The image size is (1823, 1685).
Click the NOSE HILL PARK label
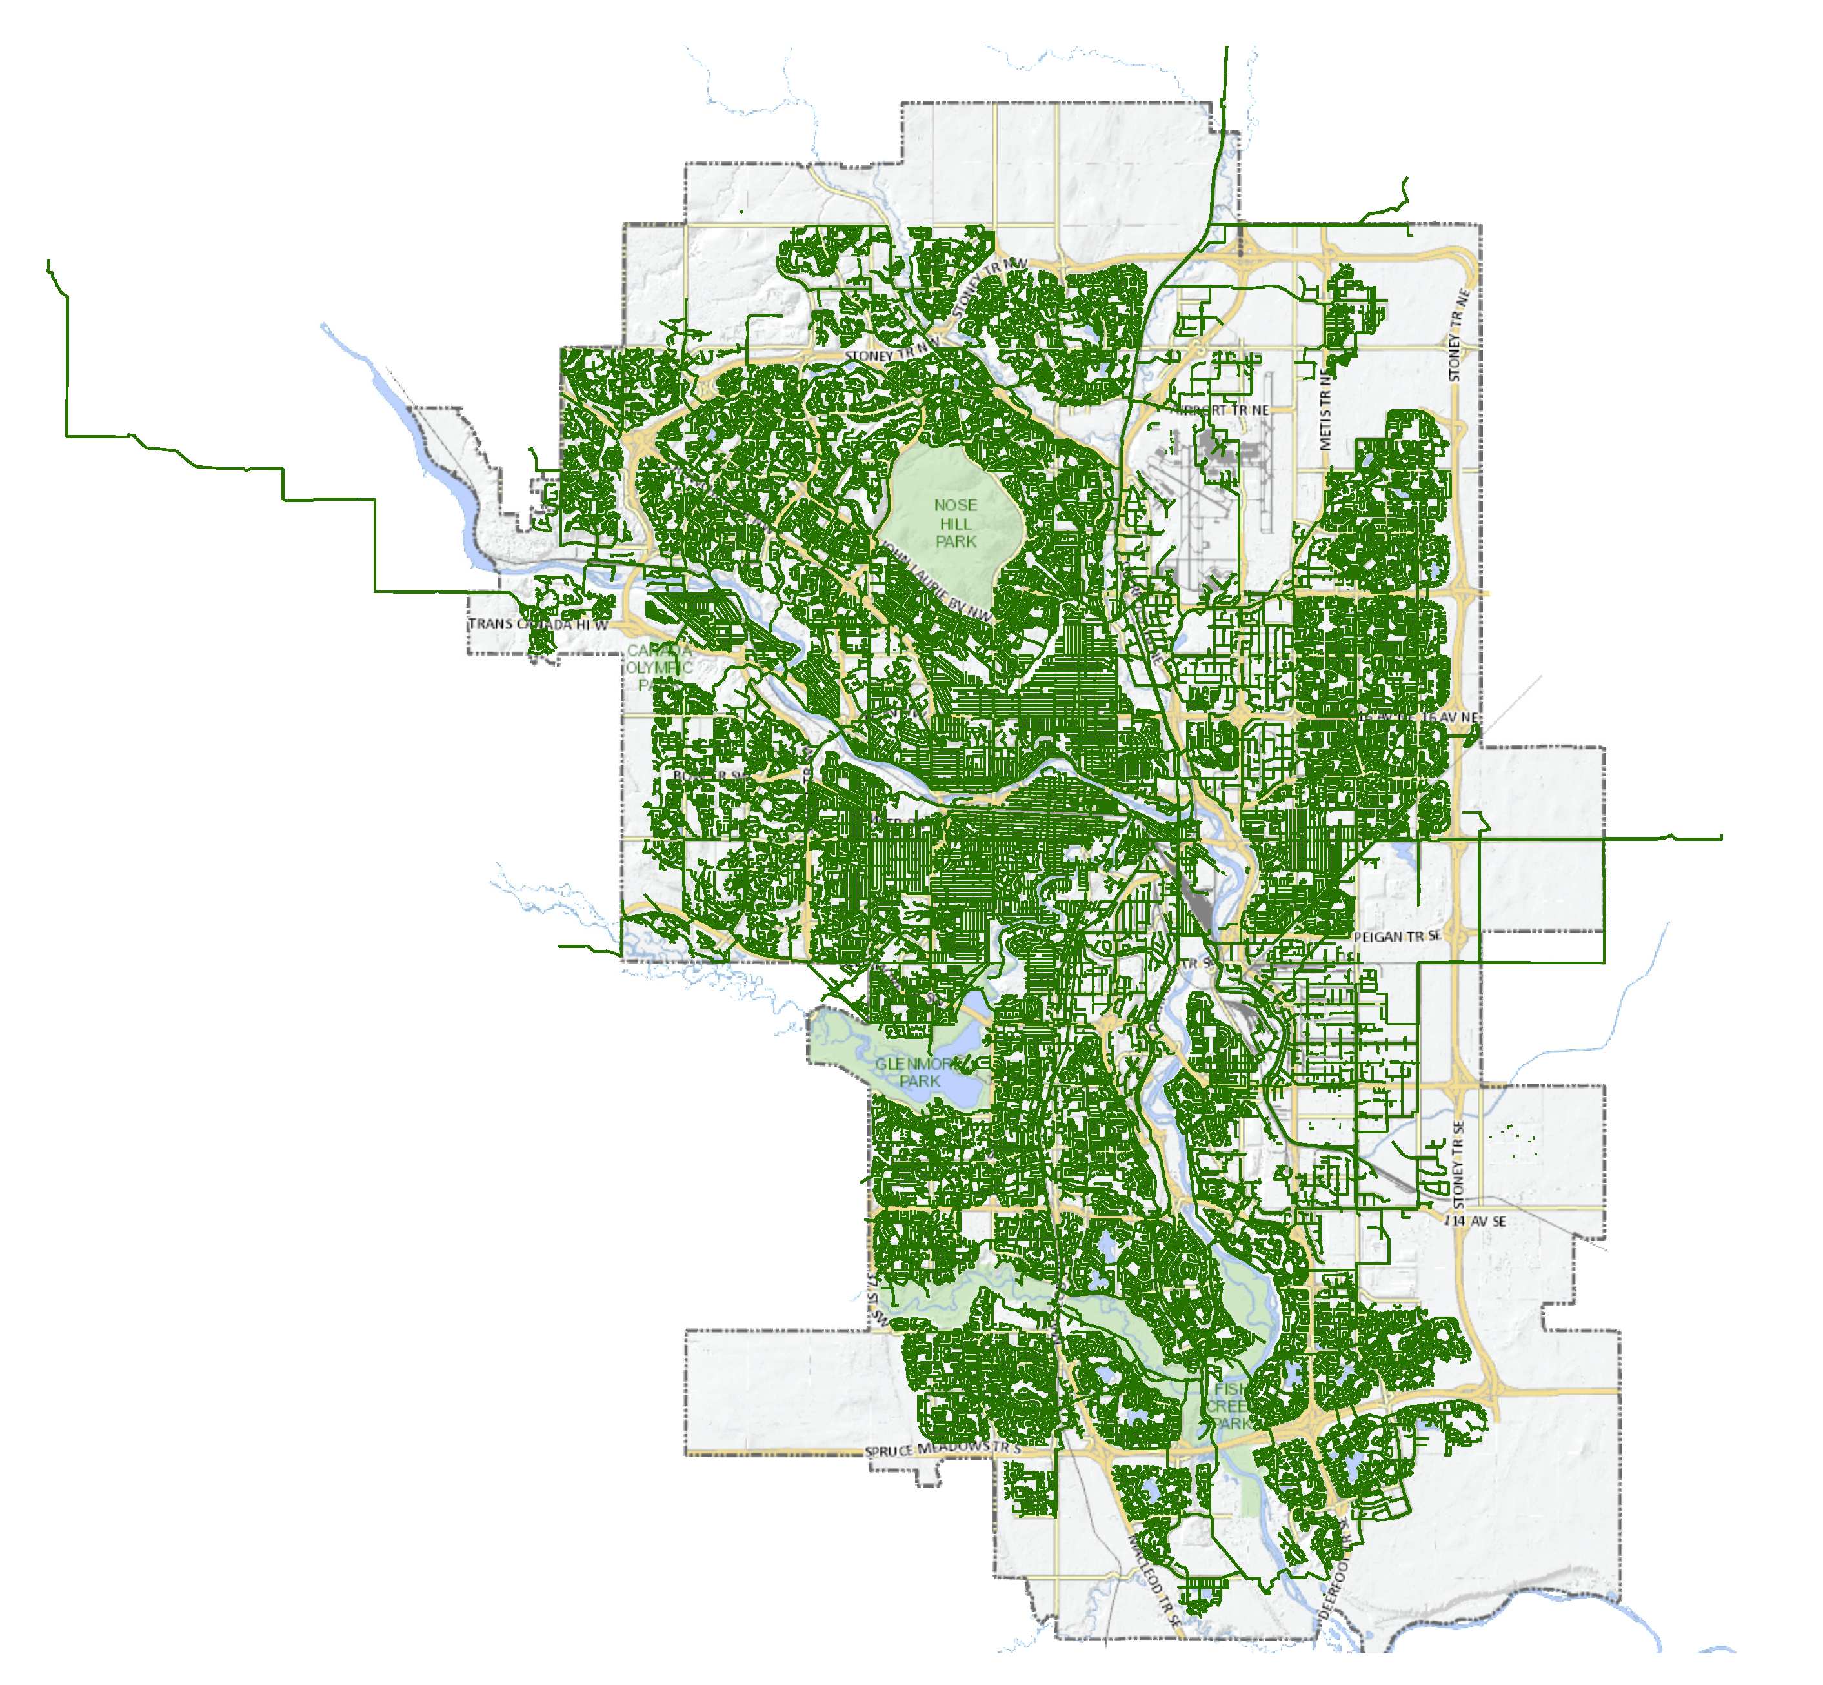955,523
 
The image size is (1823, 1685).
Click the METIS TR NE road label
1325,411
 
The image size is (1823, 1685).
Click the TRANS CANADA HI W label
538,625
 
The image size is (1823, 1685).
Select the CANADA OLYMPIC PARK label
659,667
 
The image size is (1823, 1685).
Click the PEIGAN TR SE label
1397,936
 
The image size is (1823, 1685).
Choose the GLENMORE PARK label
919,1073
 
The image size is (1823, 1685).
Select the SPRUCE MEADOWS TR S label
943,1449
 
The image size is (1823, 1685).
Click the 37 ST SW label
875,1298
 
